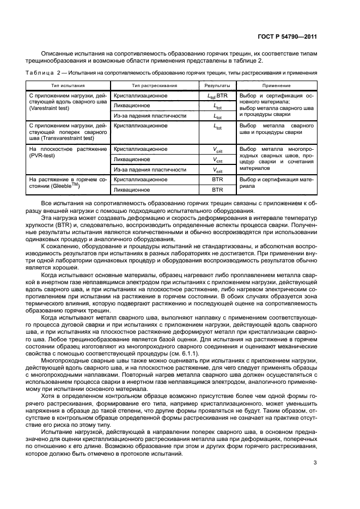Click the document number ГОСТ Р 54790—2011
pos(289,37)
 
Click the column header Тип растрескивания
pos(154,85)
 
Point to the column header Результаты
pos(217,85)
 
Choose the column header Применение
pos(276,85)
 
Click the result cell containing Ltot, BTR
pos(217,96)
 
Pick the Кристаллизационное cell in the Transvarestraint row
pos(140,125)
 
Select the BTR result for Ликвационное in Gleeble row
pos(217,190)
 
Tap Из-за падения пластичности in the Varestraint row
pos(150,116)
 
